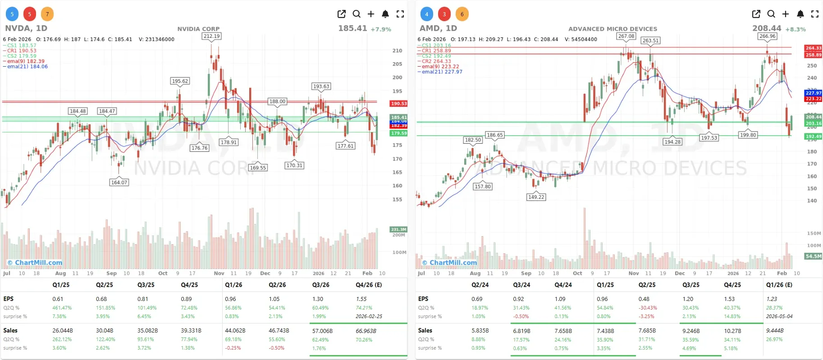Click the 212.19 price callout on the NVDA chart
tap(211, 36)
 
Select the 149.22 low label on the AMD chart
tap(536, 197)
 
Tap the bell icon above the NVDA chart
tap(385, 14)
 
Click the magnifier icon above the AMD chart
tap(771, 14)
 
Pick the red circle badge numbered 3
tap(444, 14)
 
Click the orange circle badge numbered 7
tap(47, 14)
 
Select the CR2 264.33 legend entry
tap(436, 61)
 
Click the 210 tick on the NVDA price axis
tap(397, 50)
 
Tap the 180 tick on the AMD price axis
tap(812, 152)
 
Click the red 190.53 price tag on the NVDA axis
tap(398, 104)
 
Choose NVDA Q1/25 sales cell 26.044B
tap(62, 330)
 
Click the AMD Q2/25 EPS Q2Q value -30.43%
tap(647, 308)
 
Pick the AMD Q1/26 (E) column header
tap(779, 285)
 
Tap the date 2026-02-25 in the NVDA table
tap(369, 316)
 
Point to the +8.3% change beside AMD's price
tap(796, 29)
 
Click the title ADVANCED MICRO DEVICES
tap(613, 29)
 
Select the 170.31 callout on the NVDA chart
tap(294, 165)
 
